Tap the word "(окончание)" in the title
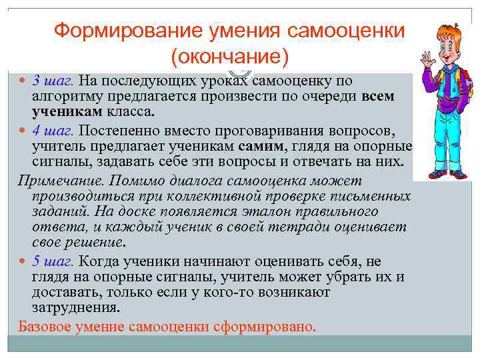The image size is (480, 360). tap(229, 57)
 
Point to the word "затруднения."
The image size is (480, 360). tap(76, 307)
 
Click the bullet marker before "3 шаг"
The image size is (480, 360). tap(23, 81)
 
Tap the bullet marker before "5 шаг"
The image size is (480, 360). tap(23, 261)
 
